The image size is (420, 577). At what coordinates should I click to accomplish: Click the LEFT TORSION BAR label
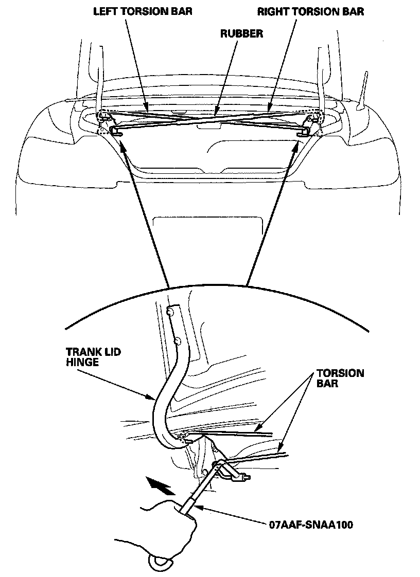pos(143,11)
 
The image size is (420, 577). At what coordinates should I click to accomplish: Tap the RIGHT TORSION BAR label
pos(310,11)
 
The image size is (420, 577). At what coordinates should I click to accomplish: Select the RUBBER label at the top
pos(241,34)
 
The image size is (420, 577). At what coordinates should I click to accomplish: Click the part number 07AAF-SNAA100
pos(310,525)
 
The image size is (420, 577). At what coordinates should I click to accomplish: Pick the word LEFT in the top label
pos(104,11)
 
